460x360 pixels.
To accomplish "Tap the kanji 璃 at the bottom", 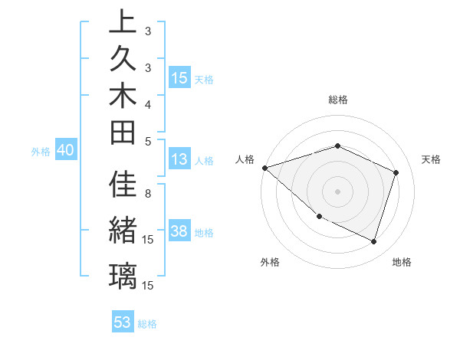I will click(123, 275).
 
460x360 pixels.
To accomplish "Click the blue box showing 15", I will click(179, 77).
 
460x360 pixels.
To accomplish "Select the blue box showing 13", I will click(179, 159).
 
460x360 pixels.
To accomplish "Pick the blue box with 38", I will click(179, 231).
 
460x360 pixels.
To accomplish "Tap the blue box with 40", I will click(65, 151).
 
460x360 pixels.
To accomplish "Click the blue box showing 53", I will click(123, 322).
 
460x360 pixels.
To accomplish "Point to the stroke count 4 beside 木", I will click(148, 103).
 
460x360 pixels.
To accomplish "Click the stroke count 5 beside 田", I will click(148, 140).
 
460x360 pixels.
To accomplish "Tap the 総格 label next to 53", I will click(148, 324).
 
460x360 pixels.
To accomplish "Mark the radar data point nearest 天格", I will click(396, 172).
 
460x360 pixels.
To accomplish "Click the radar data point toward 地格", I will click(373, 242).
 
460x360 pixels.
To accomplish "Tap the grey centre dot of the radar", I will click(337, 191).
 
